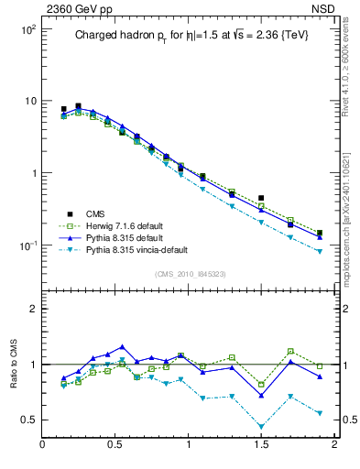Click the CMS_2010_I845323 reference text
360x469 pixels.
[x=188, y=275]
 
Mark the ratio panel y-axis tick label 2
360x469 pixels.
[x=32, y=309]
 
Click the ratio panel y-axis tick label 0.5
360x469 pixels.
[x=27, y=420]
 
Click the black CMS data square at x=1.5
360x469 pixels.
[x=261, y=198]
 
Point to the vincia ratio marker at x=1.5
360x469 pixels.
[x=261, y=426]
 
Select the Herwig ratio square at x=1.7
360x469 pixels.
[x=290, y=352]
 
